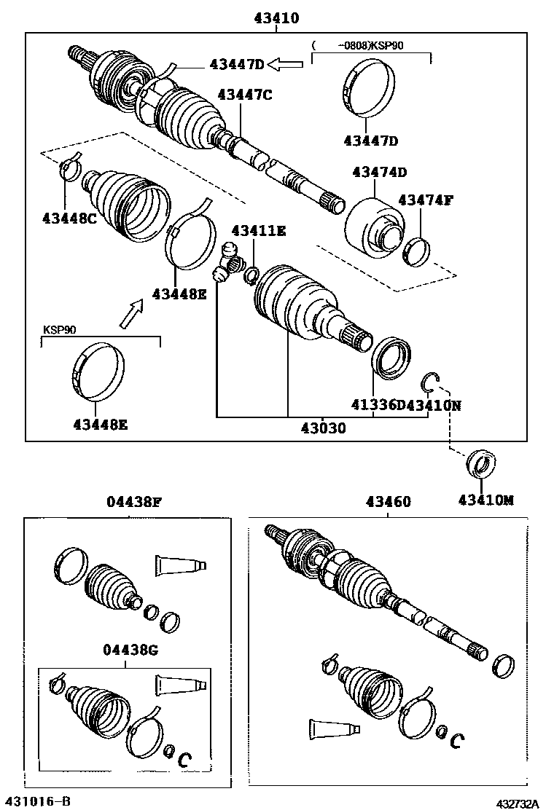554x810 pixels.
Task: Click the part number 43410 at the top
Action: pos(276,19)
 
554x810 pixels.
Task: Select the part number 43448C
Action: pos(70,216)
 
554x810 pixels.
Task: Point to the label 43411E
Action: pos(259,231)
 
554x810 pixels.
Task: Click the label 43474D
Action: pos(379,172)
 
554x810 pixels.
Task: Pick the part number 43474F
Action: pos(426,200)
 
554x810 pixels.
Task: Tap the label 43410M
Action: pos(486,500)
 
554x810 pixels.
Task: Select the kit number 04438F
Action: pos(133,501)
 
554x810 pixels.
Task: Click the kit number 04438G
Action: pos(131,650)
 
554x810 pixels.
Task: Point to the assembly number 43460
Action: pos(388,501)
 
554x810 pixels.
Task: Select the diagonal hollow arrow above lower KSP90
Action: pos(130,314)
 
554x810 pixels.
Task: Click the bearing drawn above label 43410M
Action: pos(480,464)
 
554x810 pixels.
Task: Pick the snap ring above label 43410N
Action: pos(431,380)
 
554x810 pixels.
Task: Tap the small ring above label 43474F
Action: pos(416,251)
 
